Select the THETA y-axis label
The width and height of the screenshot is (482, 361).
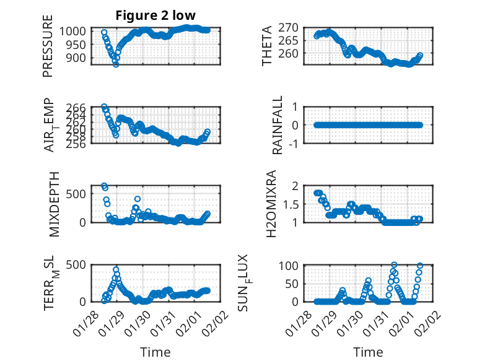pos(267,46)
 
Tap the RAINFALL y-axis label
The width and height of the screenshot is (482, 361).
pos(278,124)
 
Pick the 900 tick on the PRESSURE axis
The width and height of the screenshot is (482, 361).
pos(80,58)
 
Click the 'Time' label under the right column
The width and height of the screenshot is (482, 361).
pos(368,352)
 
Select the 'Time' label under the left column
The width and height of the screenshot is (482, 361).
pos(155,352)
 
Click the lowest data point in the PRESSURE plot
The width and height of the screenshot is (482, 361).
pos(116,64)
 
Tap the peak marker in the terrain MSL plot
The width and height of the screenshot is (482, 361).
pos(116,270)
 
